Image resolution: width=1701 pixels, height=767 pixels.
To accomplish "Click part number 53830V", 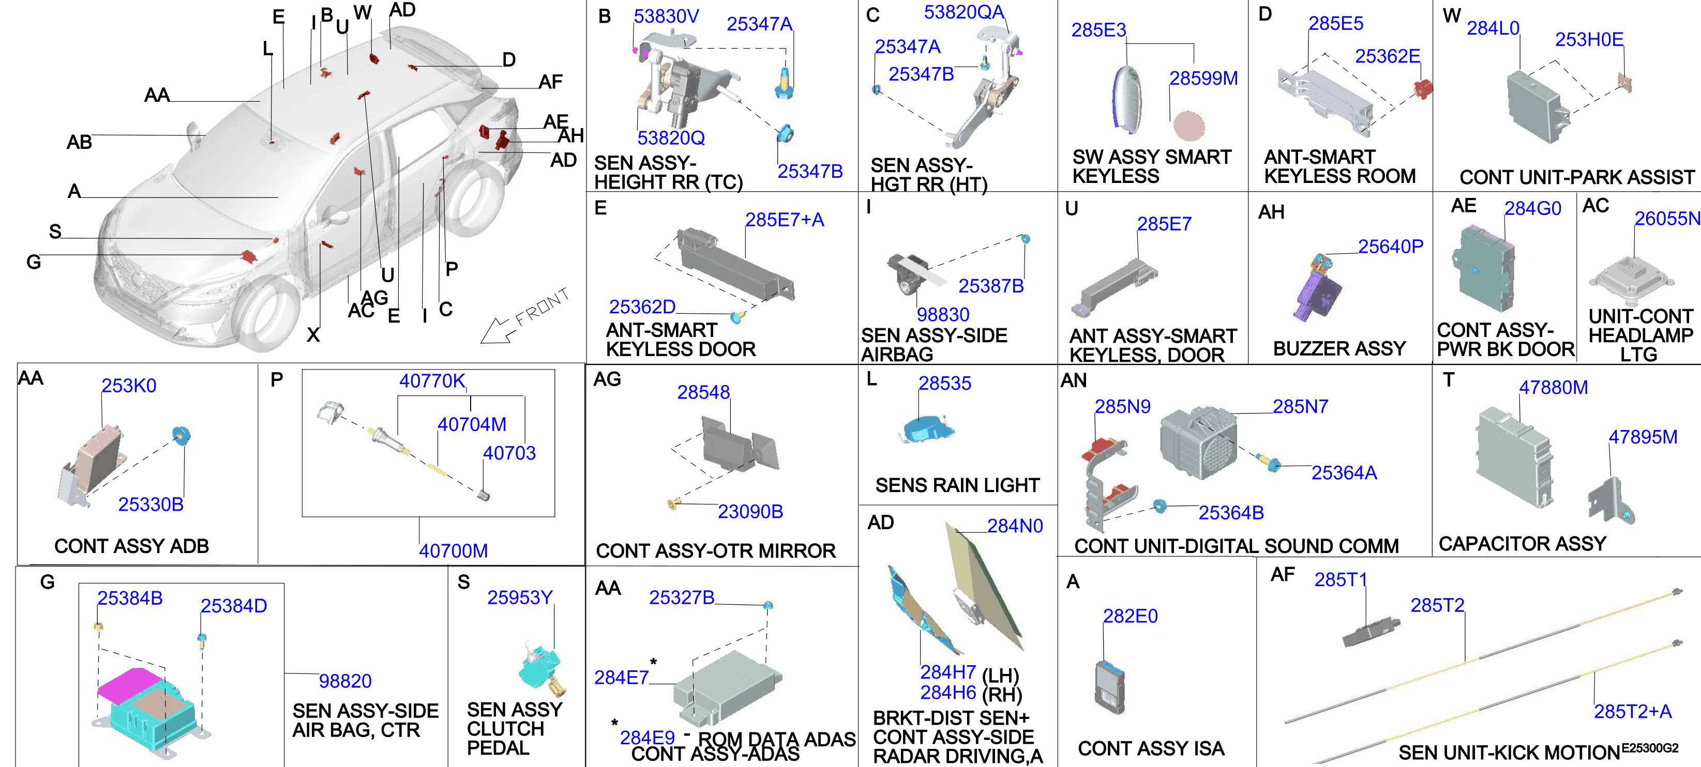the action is [666, 16].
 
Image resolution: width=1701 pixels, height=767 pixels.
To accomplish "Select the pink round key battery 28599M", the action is [1188, 126].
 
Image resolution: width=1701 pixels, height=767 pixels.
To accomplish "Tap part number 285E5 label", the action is [1336, 24].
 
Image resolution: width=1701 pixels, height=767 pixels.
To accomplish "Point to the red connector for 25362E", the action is [1422, 88].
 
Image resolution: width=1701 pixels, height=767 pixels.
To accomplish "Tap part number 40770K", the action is [432, 381].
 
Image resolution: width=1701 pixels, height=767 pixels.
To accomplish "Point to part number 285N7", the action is [1300, 407].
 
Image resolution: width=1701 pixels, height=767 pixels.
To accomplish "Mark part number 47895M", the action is [1642, 437].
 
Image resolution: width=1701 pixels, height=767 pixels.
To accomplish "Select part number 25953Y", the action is [520, 597].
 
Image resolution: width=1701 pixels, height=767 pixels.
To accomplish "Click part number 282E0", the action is [1130, 616].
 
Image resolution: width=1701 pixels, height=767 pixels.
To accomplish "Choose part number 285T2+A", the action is [1632, 712].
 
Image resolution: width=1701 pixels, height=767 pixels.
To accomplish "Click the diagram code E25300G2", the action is [1649, 748].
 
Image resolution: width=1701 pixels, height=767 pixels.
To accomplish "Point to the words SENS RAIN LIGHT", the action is [957, 485].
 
